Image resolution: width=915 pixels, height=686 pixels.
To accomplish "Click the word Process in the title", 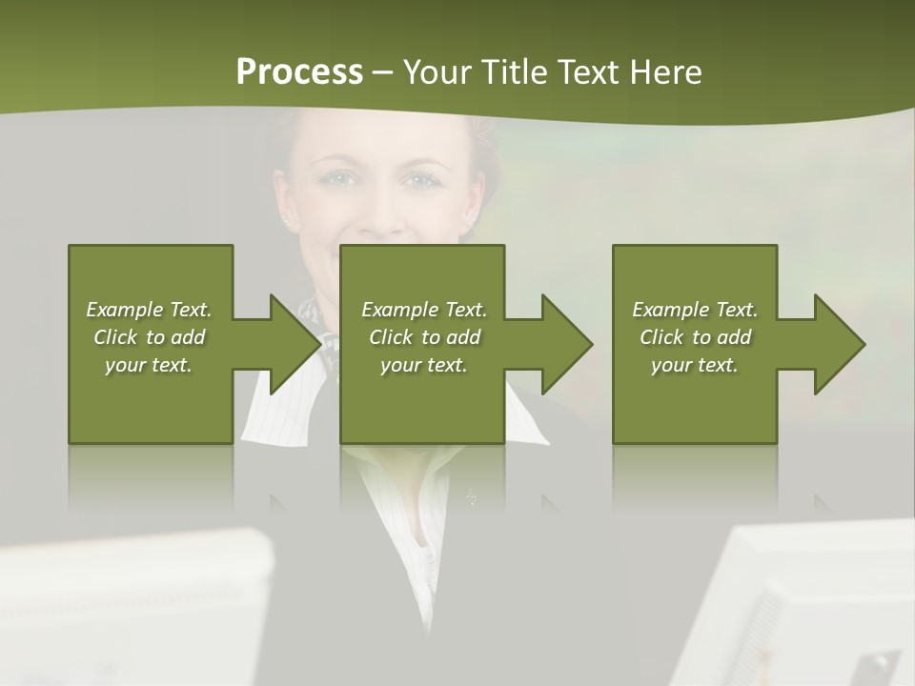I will pos(299,72).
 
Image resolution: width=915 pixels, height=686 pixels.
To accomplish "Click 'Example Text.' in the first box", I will pos(149,310).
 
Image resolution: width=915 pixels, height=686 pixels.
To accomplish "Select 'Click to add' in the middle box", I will pos(424,337).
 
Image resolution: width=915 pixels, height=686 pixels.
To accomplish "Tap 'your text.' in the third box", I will pos(695,365).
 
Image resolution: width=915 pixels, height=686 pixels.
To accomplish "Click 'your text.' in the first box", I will pos(149,365).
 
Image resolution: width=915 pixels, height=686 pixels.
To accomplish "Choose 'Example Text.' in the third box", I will pos(695,310).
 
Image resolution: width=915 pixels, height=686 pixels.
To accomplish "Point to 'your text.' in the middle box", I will pos(424,365).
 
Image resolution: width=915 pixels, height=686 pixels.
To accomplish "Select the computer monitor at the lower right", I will pos(810,610).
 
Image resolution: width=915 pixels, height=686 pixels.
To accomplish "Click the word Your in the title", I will pos(437,72).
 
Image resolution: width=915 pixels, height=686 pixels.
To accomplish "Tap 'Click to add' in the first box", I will pos(149,337).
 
